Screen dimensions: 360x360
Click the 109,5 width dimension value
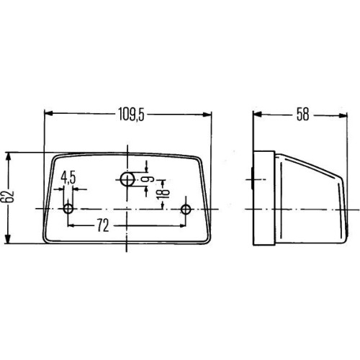[131, 114]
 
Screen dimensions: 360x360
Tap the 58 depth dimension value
[302, 114]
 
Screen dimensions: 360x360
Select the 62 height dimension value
[10, 197]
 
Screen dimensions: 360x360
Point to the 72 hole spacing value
[103, 225]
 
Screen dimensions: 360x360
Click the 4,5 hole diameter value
[68, 178]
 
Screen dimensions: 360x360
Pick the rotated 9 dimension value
[150, 179]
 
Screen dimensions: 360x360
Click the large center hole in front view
[127, 179]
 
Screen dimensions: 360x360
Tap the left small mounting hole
[68, 209]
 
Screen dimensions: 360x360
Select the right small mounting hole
[186, 209]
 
